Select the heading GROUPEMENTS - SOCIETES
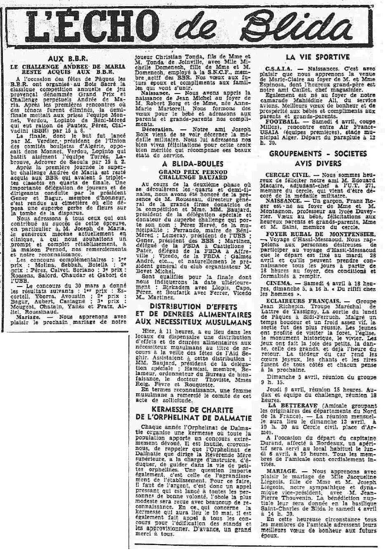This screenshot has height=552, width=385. click(318, 153)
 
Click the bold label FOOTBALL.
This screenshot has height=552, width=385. click(281, 122)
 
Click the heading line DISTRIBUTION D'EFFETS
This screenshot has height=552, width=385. click(194, 307)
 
